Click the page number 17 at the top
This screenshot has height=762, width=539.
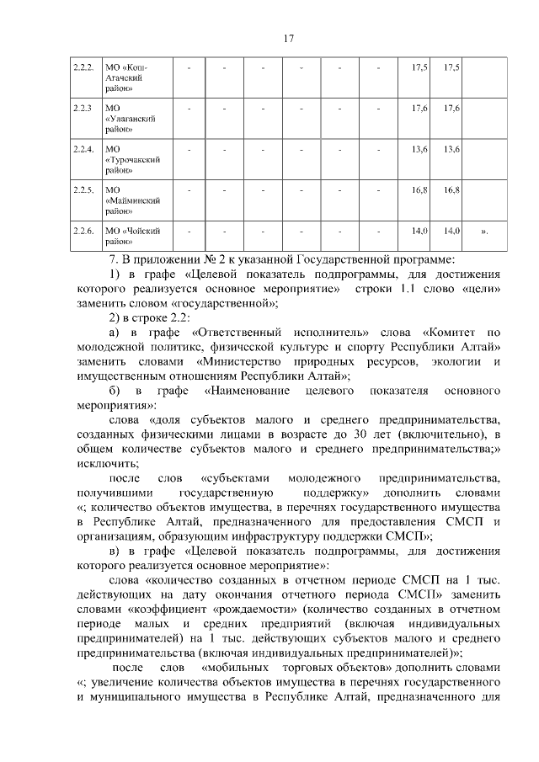coord(287,38)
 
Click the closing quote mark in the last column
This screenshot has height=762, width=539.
coord(483,230)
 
